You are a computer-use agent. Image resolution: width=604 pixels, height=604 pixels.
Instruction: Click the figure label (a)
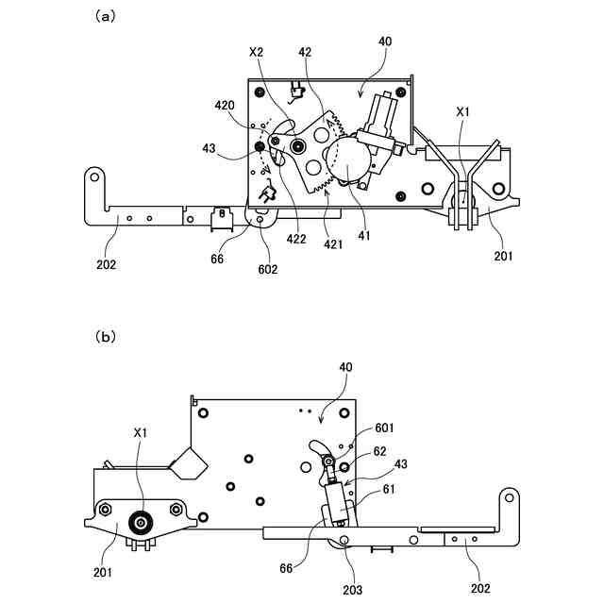pyautogui.click(x=105, y=15)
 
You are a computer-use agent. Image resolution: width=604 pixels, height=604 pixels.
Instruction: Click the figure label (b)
pyautogui.click(x=105, y=335)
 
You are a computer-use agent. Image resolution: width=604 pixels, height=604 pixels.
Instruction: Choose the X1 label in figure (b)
pyautogui.click(x=140, y=433)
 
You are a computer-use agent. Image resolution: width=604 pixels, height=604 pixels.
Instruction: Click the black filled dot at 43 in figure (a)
pyautogui.click(x=259, y=147)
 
